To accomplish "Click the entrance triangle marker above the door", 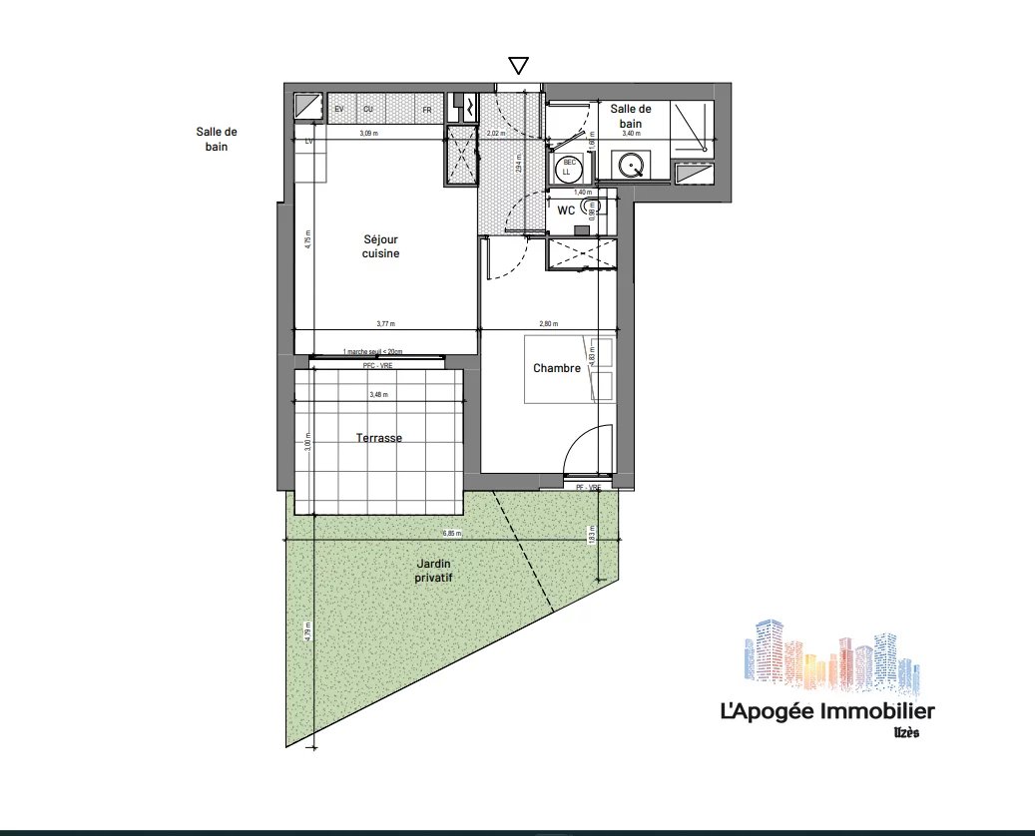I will pyautogui.click(x=518, y=67).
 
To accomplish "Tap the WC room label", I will pyautogui.click(x=566, y=210).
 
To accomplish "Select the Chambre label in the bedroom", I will pyautogui.click(x=557, y=368).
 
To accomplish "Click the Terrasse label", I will pyautogui.click(x=379, y=437).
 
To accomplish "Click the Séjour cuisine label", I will pyautogui.click(x=380, y=246).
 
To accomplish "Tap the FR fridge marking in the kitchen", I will pyautogui.click(x=426, y=109).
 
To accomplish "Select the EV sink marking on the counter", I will pyautogui.click(x=339, y=109).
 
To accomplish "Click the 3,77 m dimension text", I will pyautogui.click(x=385, y=323).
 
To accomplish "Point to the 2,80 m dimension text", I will pyautogui.click(x=548, y=323).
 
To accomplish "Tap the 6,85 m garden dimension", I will pyautogui.click(x=453, y=535).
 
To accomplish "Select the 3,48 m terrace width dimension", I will pyautogui.click(x=378, y=395).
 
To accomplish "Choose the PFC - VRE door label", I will pyautogui.click(x=378, y=366).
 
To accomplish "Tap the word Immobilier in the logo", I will pyautogui.click(x=876, y=711).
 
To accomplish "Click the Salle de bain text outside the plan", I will pyautogui.click(x=218, y=139).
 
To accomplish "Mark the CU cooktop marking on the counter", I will pyautogui.click(x=368, y=109).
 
